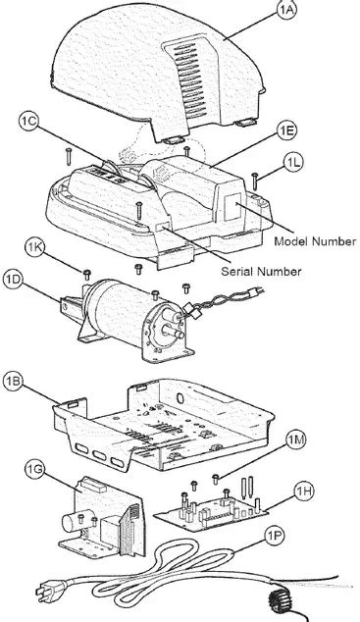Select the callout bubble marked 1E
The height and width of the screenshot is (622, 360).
click(286, 131)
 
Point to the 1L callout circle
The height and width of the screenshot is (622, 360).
click(293, 162)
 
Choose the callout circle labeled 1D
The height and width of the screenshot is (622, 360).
click(14, 280)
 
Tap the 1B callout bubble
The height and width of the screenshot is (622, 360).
click(13, 382)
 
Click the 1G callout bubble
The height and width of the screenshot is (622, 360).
click(39, 471)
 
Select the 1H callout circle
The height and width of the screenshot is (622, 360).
click(304, 492)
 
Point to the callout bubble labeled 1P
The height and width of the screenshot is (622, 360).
click(276, 537)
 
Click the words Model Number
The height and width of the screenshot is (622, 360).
click(315, 241)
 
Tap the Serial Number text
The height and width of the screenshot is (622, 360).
click(261, 272)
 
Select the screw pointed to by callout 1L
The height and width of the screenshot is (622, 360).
click(255, 181)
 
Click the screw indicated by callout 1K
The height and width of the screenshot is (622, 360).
click(87, 274)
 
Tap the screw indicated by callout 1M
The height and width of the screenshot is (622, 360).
click(216, 479)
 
